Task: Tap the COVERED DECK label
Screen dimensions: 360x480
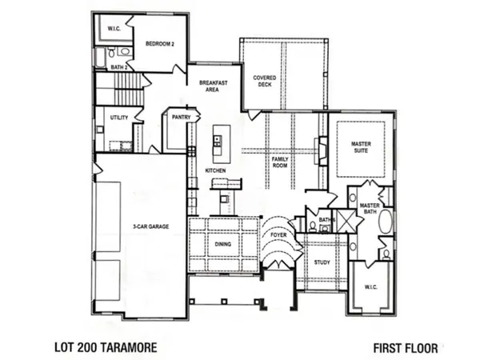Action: click(265, 82)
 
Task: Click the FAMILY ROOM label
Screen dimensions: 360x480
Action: click(279, 164)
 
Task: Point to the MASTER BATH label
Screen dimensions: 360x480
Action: click(369, 208)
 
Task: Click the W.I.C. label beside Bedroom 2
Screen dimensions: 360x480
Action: click(114, 28)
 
